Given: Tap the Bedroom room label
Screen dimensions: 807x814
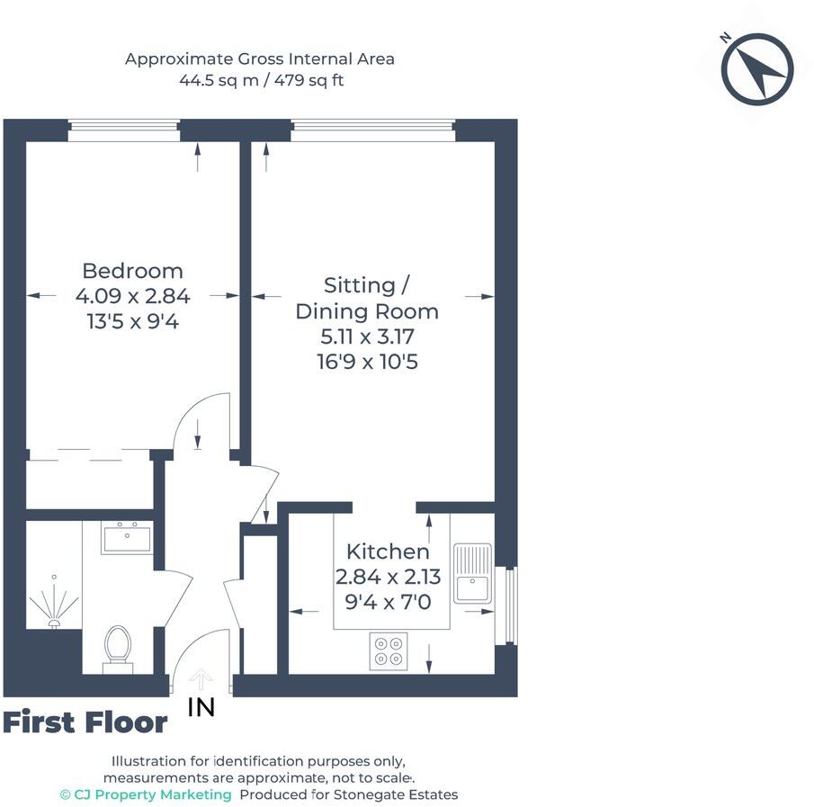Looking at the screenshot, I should [132, 271].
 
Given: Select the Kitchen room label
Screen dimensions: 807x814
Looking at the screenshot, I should [388, 551].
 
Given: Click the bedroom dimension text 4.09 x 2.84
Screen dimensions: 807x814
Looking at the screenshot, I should [132, 295].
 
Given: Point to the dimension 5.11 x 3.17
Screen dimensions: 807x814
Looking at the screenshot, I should [367, 337].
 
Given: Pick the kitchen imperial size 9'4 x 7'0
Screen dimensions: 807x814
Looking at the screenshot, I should [388, 602].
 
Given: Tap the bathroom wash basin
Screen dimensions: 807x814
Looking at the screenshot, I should [127, 538].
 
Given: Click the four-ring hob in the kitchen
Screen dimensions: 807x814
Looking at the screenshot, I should [389, 650].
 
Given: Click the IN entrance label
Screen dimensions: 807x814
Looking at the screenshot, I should [201, 708].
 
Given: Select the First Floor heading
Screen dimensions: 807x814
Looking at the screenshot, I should [85, 722].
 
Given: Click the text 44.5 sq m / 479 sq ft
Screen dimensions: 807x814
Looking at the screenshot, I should [261, 80].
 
